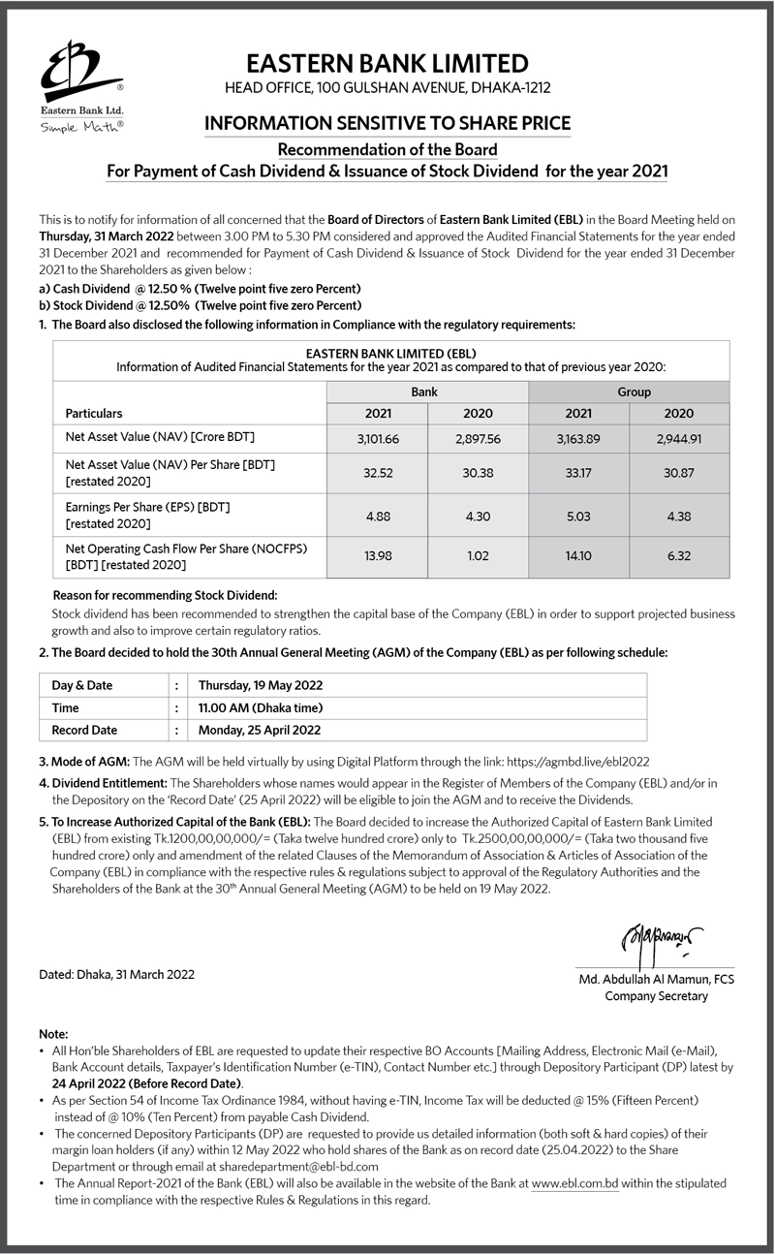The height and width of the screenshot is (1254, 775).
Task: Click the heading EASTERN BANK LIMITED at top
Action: pos(387,64)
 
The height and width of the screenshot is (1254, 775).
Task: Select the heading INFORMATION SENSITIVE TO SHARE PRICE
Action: pos(387,123)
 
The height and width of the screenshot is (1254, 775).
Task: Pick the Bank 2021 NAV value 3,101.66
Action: pos(378,439)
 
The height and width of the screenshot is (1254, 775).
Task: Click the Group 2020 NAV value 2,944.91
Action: pos(678,439)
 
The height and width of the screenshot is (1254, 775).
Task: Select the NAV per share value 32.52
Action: pos(378,473)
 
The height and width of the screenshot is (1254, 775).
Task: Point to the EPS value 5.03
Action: pos(578,516)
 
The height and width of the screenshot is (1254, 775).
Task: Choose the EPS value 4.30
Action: pos(478,516)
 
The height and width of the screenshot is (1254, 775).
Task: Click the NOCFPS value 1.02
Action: pos(478,557)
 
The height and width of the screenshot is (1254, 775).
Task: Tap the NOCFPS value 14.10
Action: pos(578,557)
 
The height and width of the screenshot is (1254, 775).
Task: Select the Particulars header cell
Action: pos(94,414)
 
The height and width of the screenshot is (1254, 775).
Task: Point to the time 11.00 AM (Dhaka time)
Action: pos(260,707)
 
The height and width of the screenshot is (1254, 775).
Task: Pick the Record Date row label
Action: pos(84,730)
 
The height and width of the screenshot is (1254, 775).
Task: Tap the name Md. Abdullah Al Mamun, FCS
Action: pos(656,980)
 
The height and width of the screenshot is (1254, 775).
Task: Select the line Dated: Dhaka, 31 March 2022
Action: pos(116,974)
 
